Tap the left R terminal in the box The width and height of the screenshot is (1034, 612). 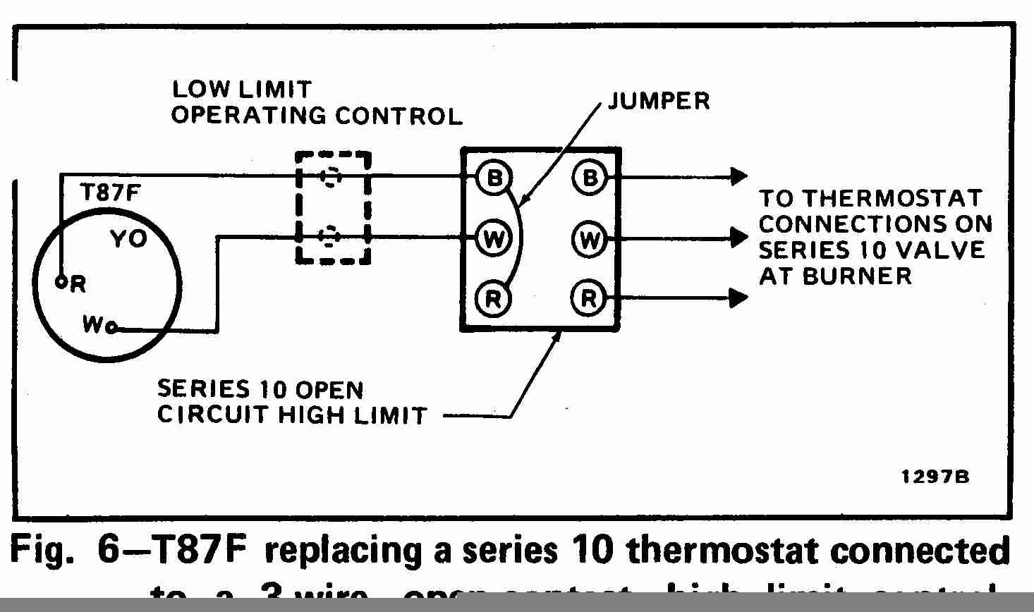tap(492, 299)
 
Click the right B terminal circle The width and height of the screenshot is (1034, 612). tap(589, 177)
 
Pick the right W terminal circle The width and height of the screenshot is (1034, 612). tap(589, 240)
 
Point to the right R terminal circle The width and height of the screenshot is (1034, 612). tap(589, 299)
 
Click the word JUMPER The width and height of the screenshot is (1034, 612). tap(659, 101)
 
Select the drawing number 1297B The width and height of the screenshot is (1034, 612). tap(935, 477)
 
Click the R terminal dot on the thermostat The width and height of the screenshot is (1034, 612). tap(61, 282)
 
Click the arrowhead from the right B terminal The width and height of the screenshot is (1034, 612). tap(738, 176)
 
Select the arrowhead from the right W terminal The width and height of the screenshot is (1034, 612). tap(738, 238)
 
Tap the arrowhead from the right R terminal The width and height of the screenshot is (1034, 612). tap(738, 298)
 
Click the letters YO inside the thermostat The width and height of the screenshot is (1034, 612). tap(129, 240)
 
